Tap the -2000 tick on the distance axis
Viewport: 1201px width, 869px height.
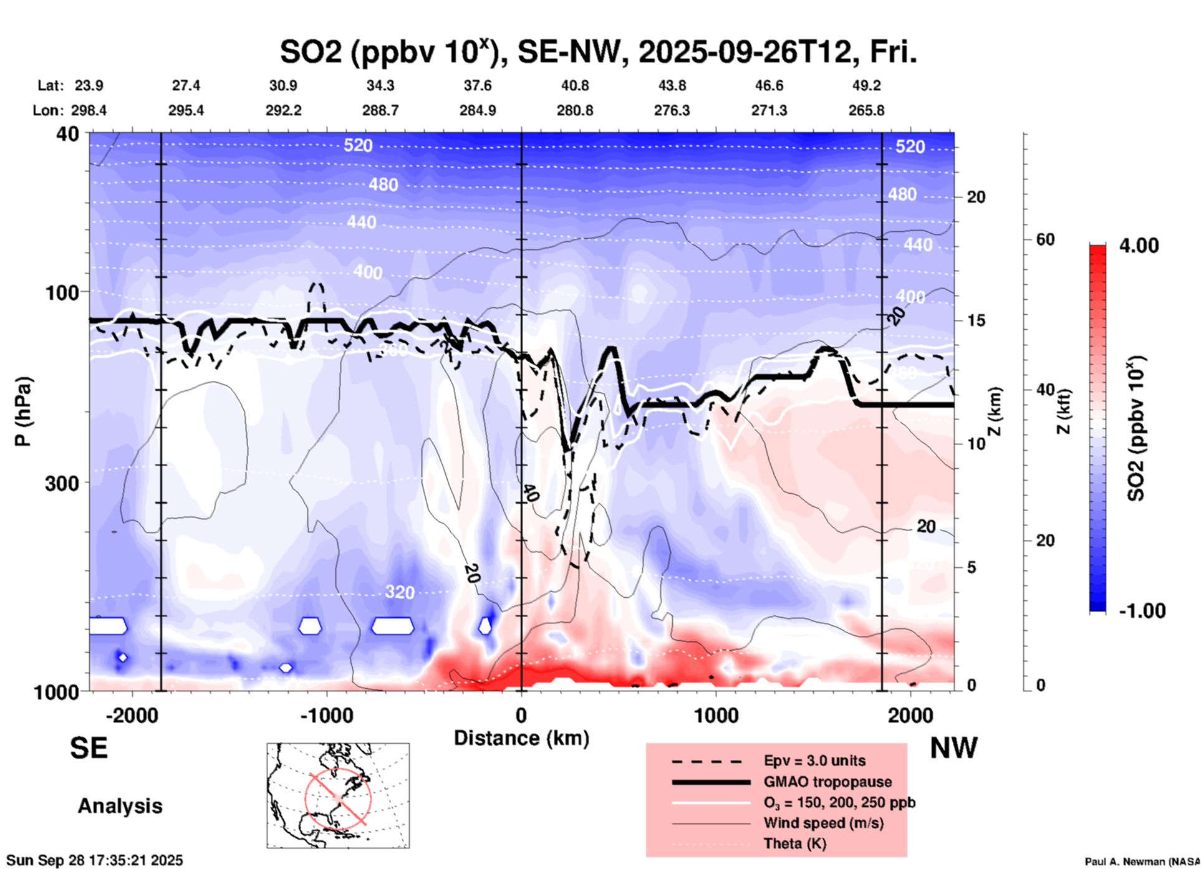tap(132, 715)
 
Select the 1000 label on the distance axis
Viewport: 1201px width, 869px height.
tap(716, 715)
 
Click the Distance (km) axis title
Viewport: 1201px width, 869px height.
tap(521, 738)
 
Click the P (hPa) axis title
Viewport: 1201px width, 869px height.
tap(23, 411)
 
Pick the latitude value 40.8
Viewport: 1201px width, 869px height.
tap(574, 85)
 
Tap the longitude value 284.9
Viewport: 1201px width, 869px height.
tap(478, 110)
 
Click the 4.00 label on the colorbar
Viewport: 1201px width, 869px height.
tap(1139, 245)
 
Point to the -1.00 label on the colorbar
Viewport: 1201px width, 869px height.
tap(1142, 610)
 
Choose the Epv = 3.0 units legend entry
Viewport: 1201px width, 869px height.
tap(814, 761)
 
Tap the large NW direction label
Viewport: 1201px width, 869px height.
tap(953, 748)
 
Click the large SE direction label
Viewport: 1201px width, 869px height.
tap(89, 748)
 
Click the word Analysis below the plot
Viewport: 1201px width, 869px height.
tap(120, 806)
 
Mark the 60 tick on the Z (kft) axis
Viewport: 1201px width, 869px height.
tap(1044, 239)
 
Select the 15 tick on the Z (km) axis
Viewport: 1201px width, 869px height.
tap(976, 320)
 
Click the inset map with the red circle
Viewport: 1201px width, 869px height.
tap(338, 795)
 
